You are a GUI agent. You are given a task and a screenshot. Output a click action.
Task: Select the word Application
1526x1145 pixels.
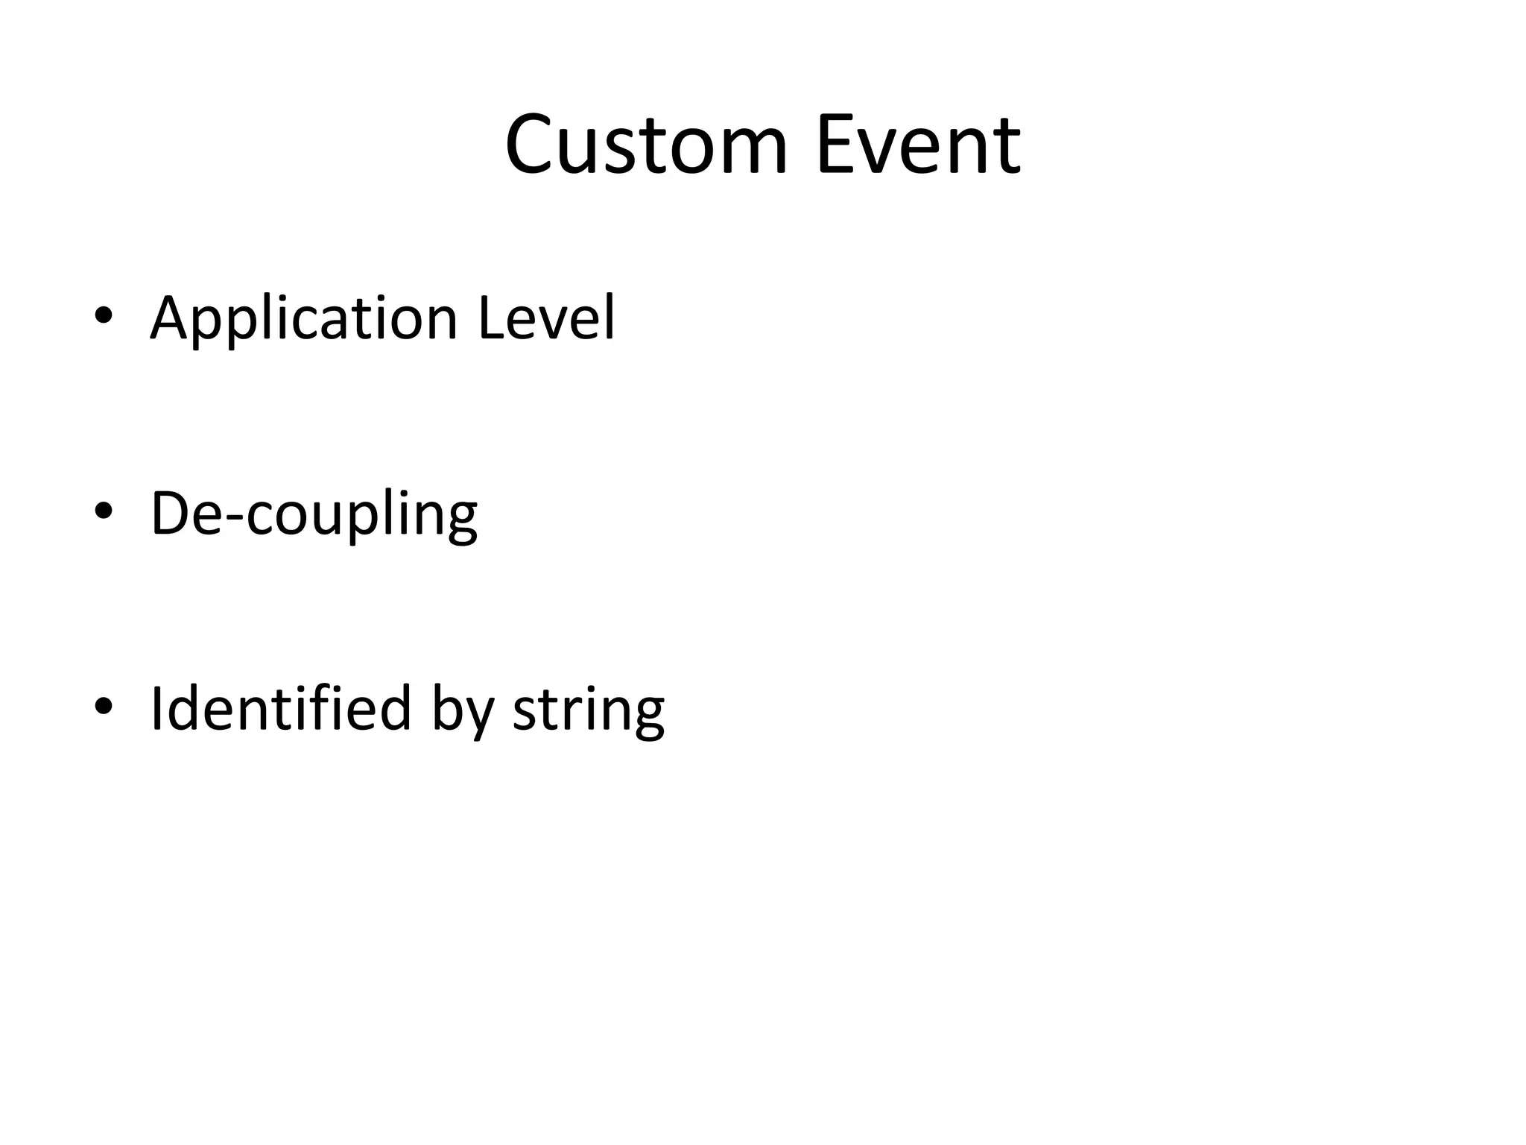click(x=303, y=319)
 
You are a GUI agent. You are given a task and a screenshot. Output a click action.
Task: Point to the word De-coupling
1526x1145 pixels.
click(x=314, y=514)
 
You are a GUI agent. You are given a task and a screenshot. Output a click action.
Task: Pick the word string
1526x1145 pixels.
click(x=589, y=710)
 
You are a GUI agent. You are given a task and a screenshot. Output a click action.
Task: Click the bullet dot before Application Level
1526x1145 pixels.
click(x=103, y=316)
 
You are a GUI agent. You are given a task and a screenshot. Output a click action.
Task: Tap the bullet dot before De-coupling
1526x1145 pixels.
click(x=103, y=511)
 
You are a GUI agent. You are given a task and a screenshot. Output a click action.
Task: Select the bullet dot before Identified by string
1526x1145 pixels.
click(x=103, y=706)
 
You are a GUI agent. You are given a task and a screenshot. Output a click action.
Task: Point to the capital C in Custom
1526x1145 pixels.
click(x=531, y=145)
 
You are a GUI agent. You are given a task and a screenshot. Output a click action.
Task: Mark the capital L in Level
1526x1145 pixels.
click(x=491, y=319)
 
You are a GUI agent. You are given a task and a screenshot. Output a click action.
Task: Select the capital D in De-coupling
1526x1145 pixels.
click(x=171, y=514)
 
